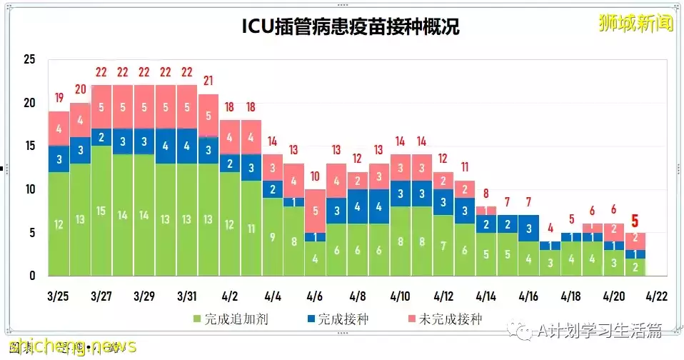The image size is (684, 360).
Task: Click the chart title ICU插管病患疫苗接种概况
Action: pos(349,27)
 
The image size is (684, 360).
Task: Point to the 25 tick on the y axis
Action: pos(29,59)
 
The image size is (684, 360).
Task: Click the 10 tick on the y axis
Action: pos(29,189)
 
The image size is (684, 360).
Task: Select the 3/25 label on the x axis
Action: pos(59,296)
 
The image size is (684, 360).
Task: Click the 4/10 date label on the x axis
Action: pos(400,296)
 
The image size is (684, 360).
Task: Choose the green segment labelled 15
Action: pos(101,211)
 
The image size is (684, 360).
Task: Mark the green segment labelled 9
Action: pos(272,236)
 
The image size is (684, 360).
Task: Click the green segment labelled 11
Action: pos(251,229)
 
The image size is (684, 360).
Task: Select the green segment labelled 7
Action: pos(443,246)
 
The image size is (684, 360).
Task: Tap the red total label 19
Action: pos(59,98)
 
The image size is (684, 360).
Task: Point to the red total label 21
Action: pos(208,81)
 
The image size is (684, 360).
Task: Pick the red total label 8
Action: pos(486,194)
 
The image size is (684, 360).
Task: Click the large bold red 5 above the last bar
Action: pos(634,221)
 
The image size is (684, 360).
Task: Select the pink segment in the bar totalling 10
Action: pos(315,211)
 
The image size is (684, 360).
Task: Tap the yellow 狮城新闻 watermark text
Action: pos(635,23)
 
